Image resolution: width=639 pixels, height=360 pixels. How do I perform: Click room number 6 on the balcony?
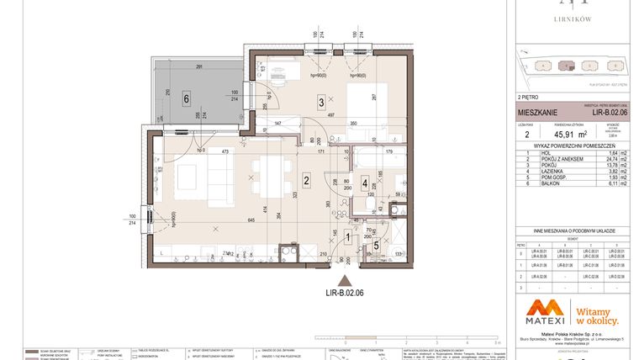coord(186,98)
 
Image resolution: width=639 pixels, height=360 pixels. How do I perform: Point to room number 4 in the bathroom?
coord(365,181)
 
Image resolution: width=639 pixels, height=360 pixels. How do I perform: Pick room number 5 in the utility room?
coord(376,245)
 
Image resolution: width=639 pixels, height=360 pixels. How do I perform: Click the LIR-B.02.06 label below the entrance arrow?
coord(343,294)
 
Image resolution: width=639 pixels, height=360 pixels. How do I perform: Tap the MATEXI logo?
coord(538,312)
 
